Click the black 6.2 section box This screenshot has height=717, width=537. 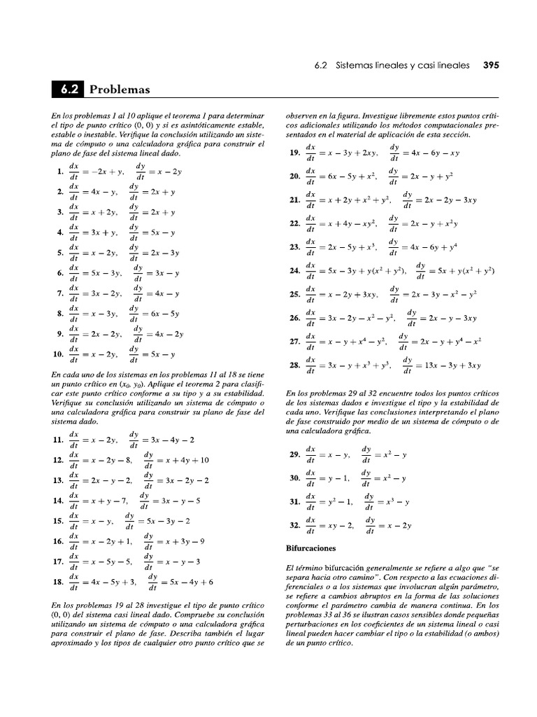click(67, 90)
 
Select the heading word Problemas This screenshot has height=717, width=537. click(120, 90)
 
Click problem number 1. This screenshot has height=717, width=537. click(60, 172)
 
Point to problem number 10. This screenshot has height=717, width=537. click(58, 354)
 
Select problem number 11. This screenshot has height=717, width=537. click(58, 440)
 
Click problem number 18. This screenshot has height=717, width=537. click(58, 581)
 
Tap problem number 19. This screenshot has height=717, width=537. click(294, 153)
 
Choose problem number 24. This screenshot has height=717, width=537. click(294, 270)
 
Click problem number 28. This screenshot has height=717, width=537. click(294, 365)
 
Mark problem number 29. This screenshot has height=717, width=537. click(294, 454)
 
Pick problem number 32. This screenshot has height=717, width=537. click(294, 525)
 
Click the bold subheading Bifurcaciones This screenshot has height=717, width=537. click(311, 548)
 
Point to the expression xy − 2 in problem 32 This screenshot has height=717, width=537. click(336, 525)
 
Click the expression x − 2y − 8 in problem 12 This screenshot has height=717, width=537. click(111, 460)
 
